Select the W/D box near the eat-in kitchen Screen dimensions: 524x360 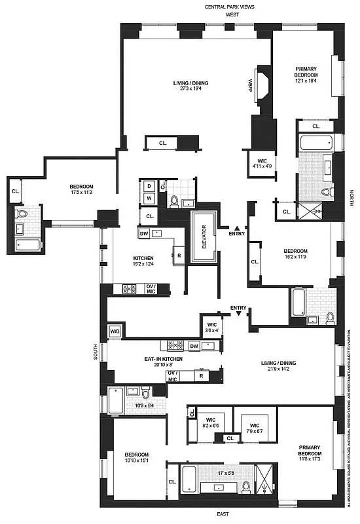point(115,331)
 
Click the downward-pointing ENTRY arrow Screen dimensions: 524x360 point(239,314)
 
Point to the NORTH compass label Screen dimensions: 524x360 point(351,196)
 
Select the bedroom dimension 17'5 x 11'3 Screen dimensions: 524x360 point(82,193)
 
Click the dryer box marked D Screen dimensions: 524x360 point(149,186)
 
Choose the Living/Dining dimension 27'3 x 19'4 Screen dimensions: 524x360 point(191,90)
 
